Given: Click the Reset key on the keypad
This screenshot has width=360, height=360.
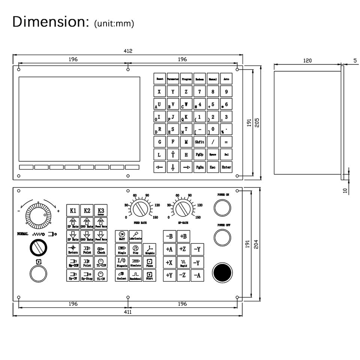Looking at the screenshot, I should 159,79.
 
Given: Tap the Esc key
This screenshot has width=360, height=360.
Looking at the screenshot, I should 213,167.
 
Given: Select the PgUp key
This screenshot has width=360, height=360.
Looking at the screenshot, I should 199,154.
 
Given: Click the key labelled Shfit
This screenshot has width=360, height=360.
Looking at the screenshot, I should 199,142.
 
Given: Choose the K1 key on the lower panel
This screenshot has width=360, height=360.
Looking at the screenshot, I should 73,211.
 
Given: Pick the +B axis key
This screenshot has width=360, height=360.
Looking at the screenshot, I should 183,236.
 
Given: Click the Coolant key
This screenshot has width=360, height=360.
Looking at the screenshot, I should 121,276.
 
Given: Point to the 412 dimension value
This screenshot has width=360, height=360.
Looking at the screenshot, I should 128,51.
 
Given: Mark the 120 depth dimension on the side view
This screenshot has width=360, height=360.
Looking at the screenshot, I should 307,60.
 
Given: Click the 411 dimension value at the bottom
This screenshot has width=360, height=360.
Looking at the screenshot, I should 128,312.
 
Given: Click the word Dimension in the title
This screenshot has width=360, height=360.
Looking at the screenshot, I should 49,21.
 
